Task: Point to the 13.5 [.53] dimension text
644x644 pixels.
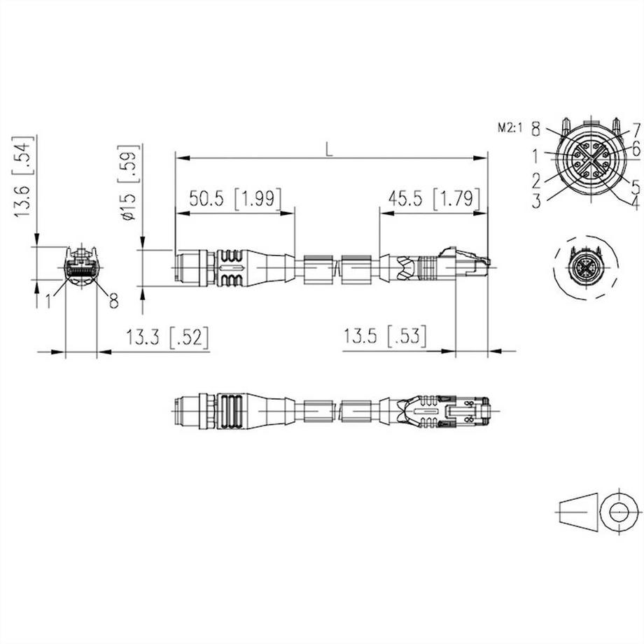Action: tap(384, 337)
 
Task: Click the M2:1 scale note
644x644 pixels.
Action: tap(511, 127)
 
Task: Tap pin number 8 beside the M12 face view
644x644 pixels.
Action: tap(535, 128)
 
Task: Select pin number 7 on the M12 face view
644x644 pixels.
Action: tap(636, 129)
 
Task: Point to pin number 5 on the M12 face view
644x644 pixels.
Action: tap(636, 187)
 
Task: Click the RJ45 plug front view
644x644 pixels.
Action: tap(81, 266)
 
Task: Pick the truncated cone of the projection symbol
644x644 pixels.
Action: tap(579, 512)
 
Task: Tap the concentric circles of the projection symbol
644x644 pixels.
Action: tap(619, 512)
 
